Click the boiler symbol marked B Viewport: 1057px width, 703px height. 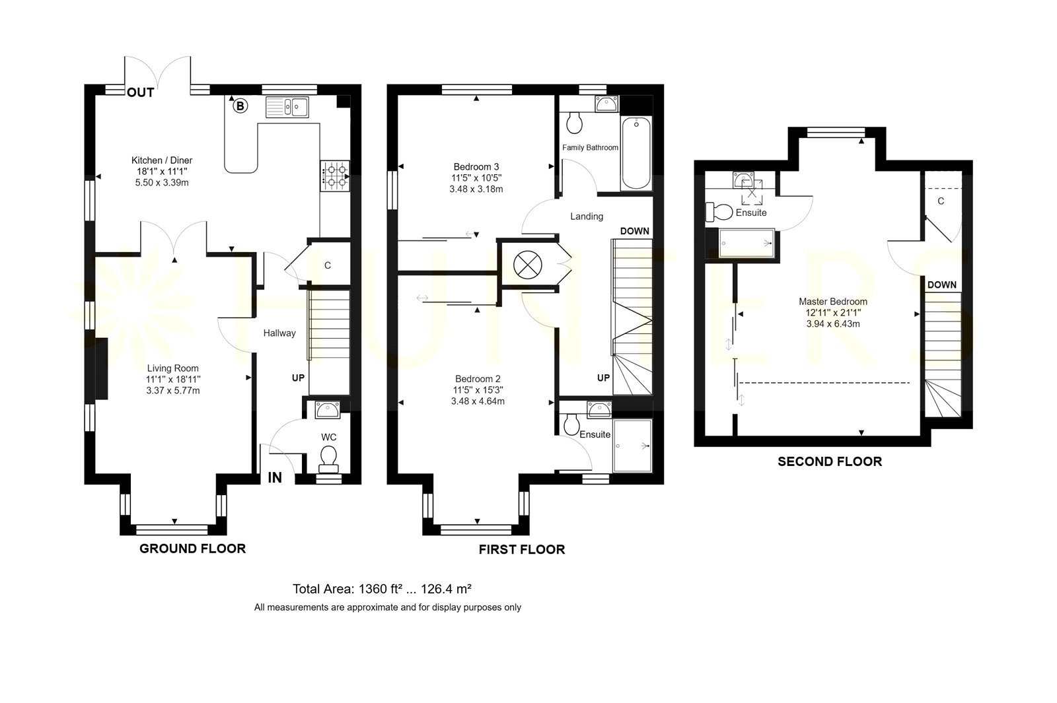[x=240, y=106]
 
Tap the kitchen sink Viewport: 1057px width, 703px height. [x=287, y=107]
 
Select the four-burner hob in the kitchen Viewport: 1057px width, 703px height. [x=335, y=176]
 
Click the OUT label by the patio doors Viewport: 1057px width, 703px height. [x=141, y=92]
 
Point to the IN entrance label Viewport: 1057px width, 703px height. [x=275, y=478]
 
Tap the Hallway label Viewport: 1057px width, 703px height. [x=279, y=333]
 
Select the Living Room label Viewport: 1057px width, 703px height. [x=172, y=368]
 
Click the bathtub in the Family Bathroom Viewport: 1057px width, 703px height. [x=637, y=153]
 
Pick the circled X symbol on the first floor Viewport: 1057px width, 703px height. [x=528, y=264]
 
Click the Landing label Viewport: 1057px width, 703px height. [x=587, y=217]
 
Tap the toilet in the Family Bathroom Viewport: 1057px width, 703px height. [x=574, y=123]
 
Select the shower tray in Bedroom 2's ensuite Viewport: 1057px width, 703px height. [x=632, y=446]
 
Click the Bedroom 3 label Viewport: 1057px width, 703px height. [x=476, y=166]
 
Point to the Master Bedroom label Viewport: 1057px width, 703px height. [x=833, y=301]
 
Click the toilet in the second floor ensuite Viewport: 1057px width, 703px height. [x=719, y=212]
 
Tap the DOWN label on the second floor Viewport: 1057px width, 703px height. [x=942, y=285]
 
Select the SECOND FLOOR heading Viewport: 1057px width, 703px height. [x=830, y=461]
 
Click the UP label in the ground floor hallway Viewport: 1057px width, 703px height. [x=298, y=378]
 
